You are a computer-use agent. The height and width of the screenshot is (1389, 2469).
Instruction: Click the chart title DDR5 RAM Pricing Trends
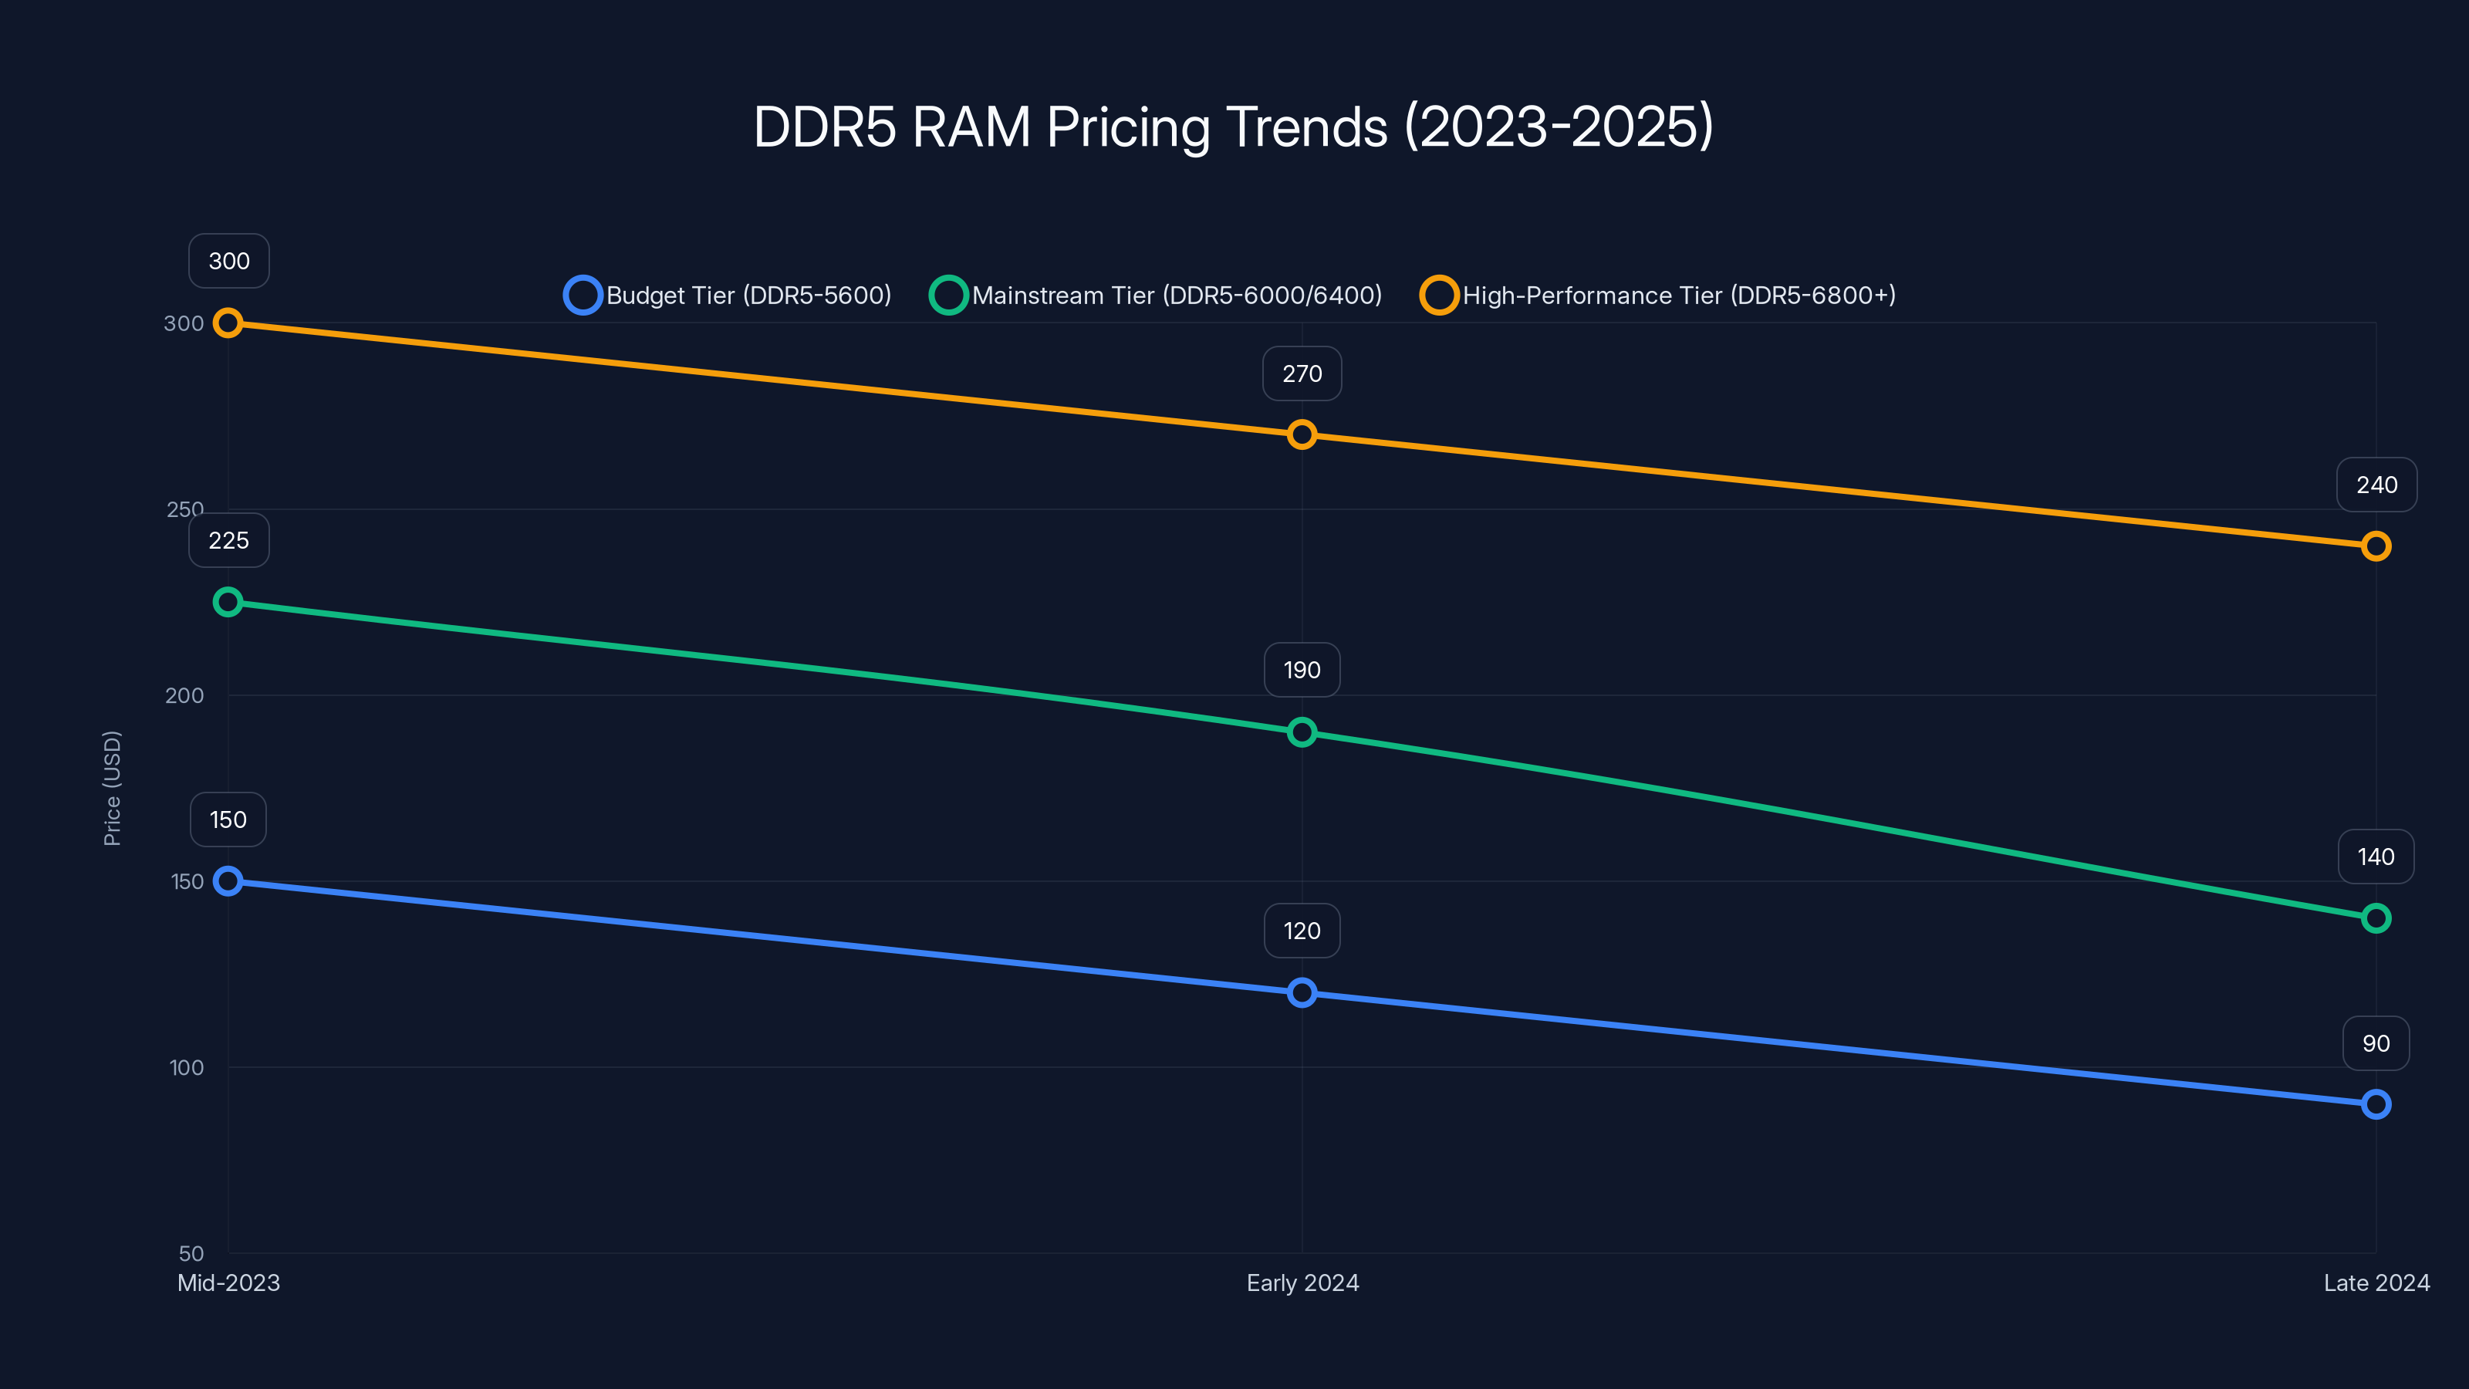click(x=1234, y=127)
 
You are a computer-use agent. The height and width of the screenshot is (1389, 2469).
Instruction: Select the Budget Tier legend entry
click(x=728, y=296)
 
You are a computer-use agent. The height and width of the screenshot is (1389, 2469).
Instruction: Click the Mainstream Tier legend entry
click(x=1157, y=296)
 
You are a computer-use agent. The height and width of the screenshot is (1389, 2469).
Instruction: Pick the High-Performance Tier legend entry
click(x=1658, y=296)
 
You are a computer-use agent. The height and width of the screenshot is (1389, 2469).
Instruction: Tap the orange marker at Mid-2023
click(x=228, y=323)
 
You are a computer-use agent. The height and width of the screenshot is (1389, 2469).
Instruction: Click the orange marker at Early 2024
click(x=1302, y=435)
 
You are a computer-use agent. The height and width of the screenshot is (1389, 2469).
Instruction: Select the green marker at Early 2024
click(x=1302, y=732)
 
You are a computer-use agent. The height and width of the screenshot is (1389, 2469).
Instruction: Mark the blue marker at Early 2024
click(x=1302, y=993)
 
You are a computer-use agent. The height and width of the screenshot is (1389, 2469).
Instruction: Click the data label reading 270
click(x=1302, y=373)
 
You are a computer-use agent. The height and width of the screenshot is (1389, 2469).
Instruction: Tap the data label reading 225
click(x=229, y=541)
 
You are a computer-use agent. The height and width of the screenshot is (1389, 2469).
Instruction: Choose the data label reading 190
click(x=1302, y=670)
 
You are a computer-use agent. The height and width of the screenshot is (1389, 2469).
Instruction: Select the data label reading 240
click(x=2376, y=485)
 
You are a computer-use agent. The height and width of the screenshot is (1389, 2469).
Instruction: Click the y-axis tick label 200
click(x=184, y=696)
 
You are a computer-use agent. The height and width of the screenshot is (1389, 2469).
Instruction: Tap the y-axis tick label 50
click(x=191, y=1254)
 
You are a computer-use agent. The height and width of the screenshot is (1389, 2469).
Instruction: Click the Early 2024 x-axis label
click(x=1302, y=1283)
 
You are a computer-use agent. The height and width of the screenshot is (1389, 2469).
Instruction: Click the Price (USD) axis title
click(x=112, y=788)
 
